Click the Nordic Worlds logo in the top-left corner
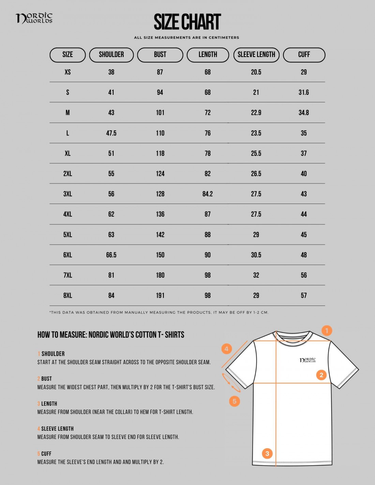(34, 18)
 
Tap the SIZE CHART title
(187, 22)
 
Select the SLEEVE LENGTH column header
(256, 55)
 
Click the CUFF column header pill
(304, 55)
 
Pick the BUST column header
(160, 55)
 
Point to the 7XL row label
(67, 275)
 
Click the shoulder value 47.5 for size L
(111, 133)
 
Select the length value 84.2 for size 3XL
(208, 194)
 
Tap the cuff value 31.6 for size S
(304, 92)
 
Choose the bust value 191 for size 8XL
(160, 296)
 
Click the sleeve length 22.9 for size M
(256, 113)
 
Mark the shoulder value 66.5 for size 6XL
(111, 255)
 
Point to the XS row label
(67, 72)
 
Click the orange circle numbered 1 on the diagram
(327, 330)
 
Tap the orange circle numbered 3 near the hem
(267, 453)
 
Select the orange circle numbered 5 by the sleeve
(235, 401)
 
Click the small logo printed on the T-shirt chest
(307, 360)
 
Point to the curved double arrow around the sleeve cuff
(231, 382)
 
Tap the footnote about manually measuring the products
(159, 312)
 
